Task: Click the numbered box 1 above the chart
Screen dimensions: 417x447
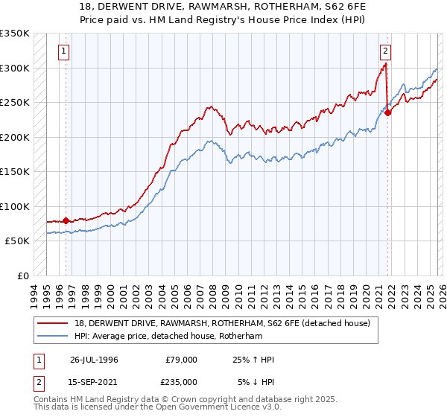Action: pos(64,51)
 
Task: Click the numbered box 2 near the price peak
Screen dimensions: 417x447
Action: pos(385,51)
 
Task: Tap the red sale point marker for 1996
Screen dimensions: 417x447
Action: pos(66,220)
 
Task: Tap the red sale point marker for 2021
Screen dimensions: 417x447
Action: pos(388,112)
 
